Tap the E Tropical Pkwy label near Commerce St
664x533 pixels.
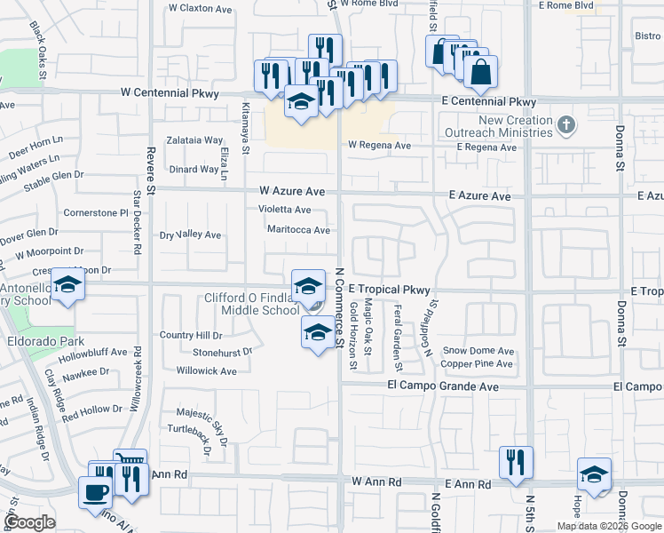[x=389, y=290]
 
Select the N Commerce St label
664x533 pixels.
[x=338, y=306]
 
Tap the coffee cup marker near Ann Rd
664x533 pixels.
[x=95, y=491]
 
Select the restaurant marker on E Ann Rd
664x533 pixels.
[x=515, y=461]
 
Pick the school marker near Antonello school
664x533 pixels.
[x=67, y=284]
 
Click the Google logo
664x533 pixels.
[x=30, y=522]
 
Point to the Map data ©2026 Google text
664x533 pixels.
[x=609, y=526]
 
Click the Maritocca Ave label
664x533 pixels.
[x=298, y=229]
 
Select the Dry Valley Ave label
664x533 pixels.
[x=190, y=235]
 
